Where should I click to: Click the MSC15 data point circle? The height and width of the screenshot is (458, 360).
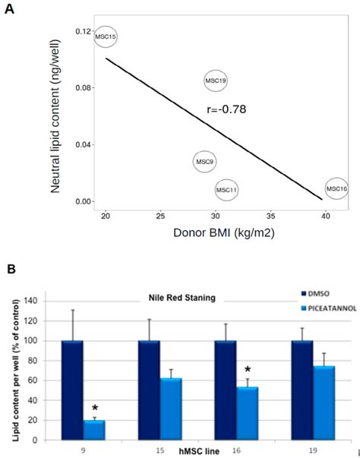pos(106,36)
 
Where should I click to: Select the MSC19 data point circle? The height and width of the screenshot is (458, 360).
pos(216,80)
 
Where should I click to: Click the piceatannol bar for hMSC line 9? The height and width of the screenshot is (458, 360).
pos(94,430)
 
